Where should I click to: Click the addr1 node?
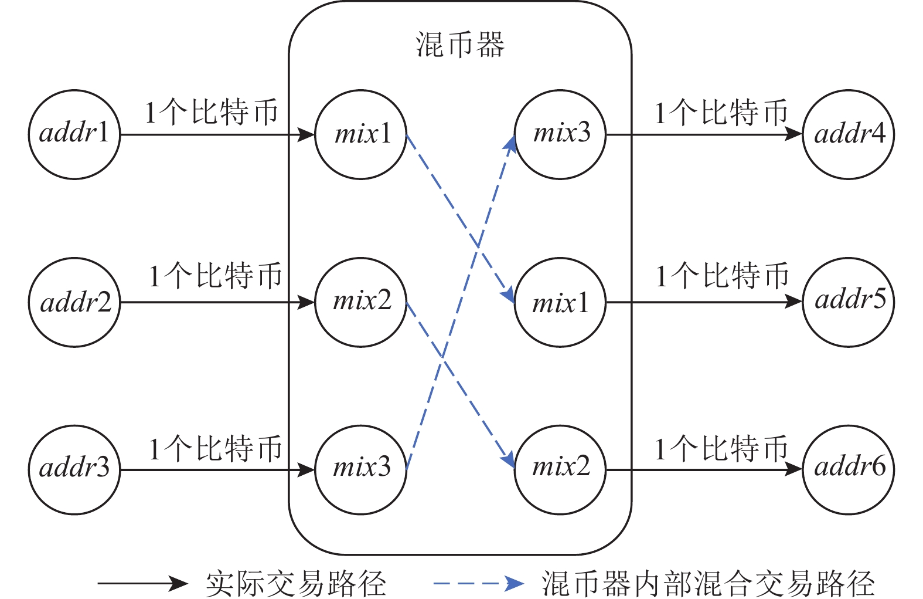click(74, 134)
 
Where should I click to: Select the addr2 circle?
click(74, 302)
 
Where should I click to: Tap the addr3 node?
click(74, 469)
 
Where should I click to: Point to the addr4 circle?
click(848, 134)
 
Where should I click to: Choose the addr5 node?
click(848, 302)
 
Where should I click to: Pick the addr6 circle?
click(848, 469)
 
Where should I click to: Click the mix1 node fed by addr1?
click(361, 134)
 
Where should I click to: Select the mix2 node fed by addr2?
click(361, 302)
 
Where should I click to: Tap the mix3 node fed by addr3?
click(361, 469)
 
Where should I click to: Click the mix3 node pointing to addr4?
click(560, 134)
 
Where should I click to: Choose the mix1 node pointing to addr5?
click(560, 302)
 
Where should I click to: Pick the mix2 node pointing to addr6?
click(560, 469)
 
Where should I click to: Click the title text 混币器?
click(460, 45)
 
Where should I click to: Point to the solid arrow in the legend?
click(142, 583)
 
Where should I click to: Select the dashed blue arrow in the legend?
click(478, 583)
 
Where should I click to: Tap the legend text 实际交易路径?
click(296, 583)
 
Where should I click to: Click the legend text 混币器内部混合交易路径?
click(708, 583)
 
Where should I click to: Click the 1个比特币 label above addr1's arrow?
click(212, 112)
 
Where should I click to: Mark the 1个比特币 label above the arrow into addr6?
click(721, 449)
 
